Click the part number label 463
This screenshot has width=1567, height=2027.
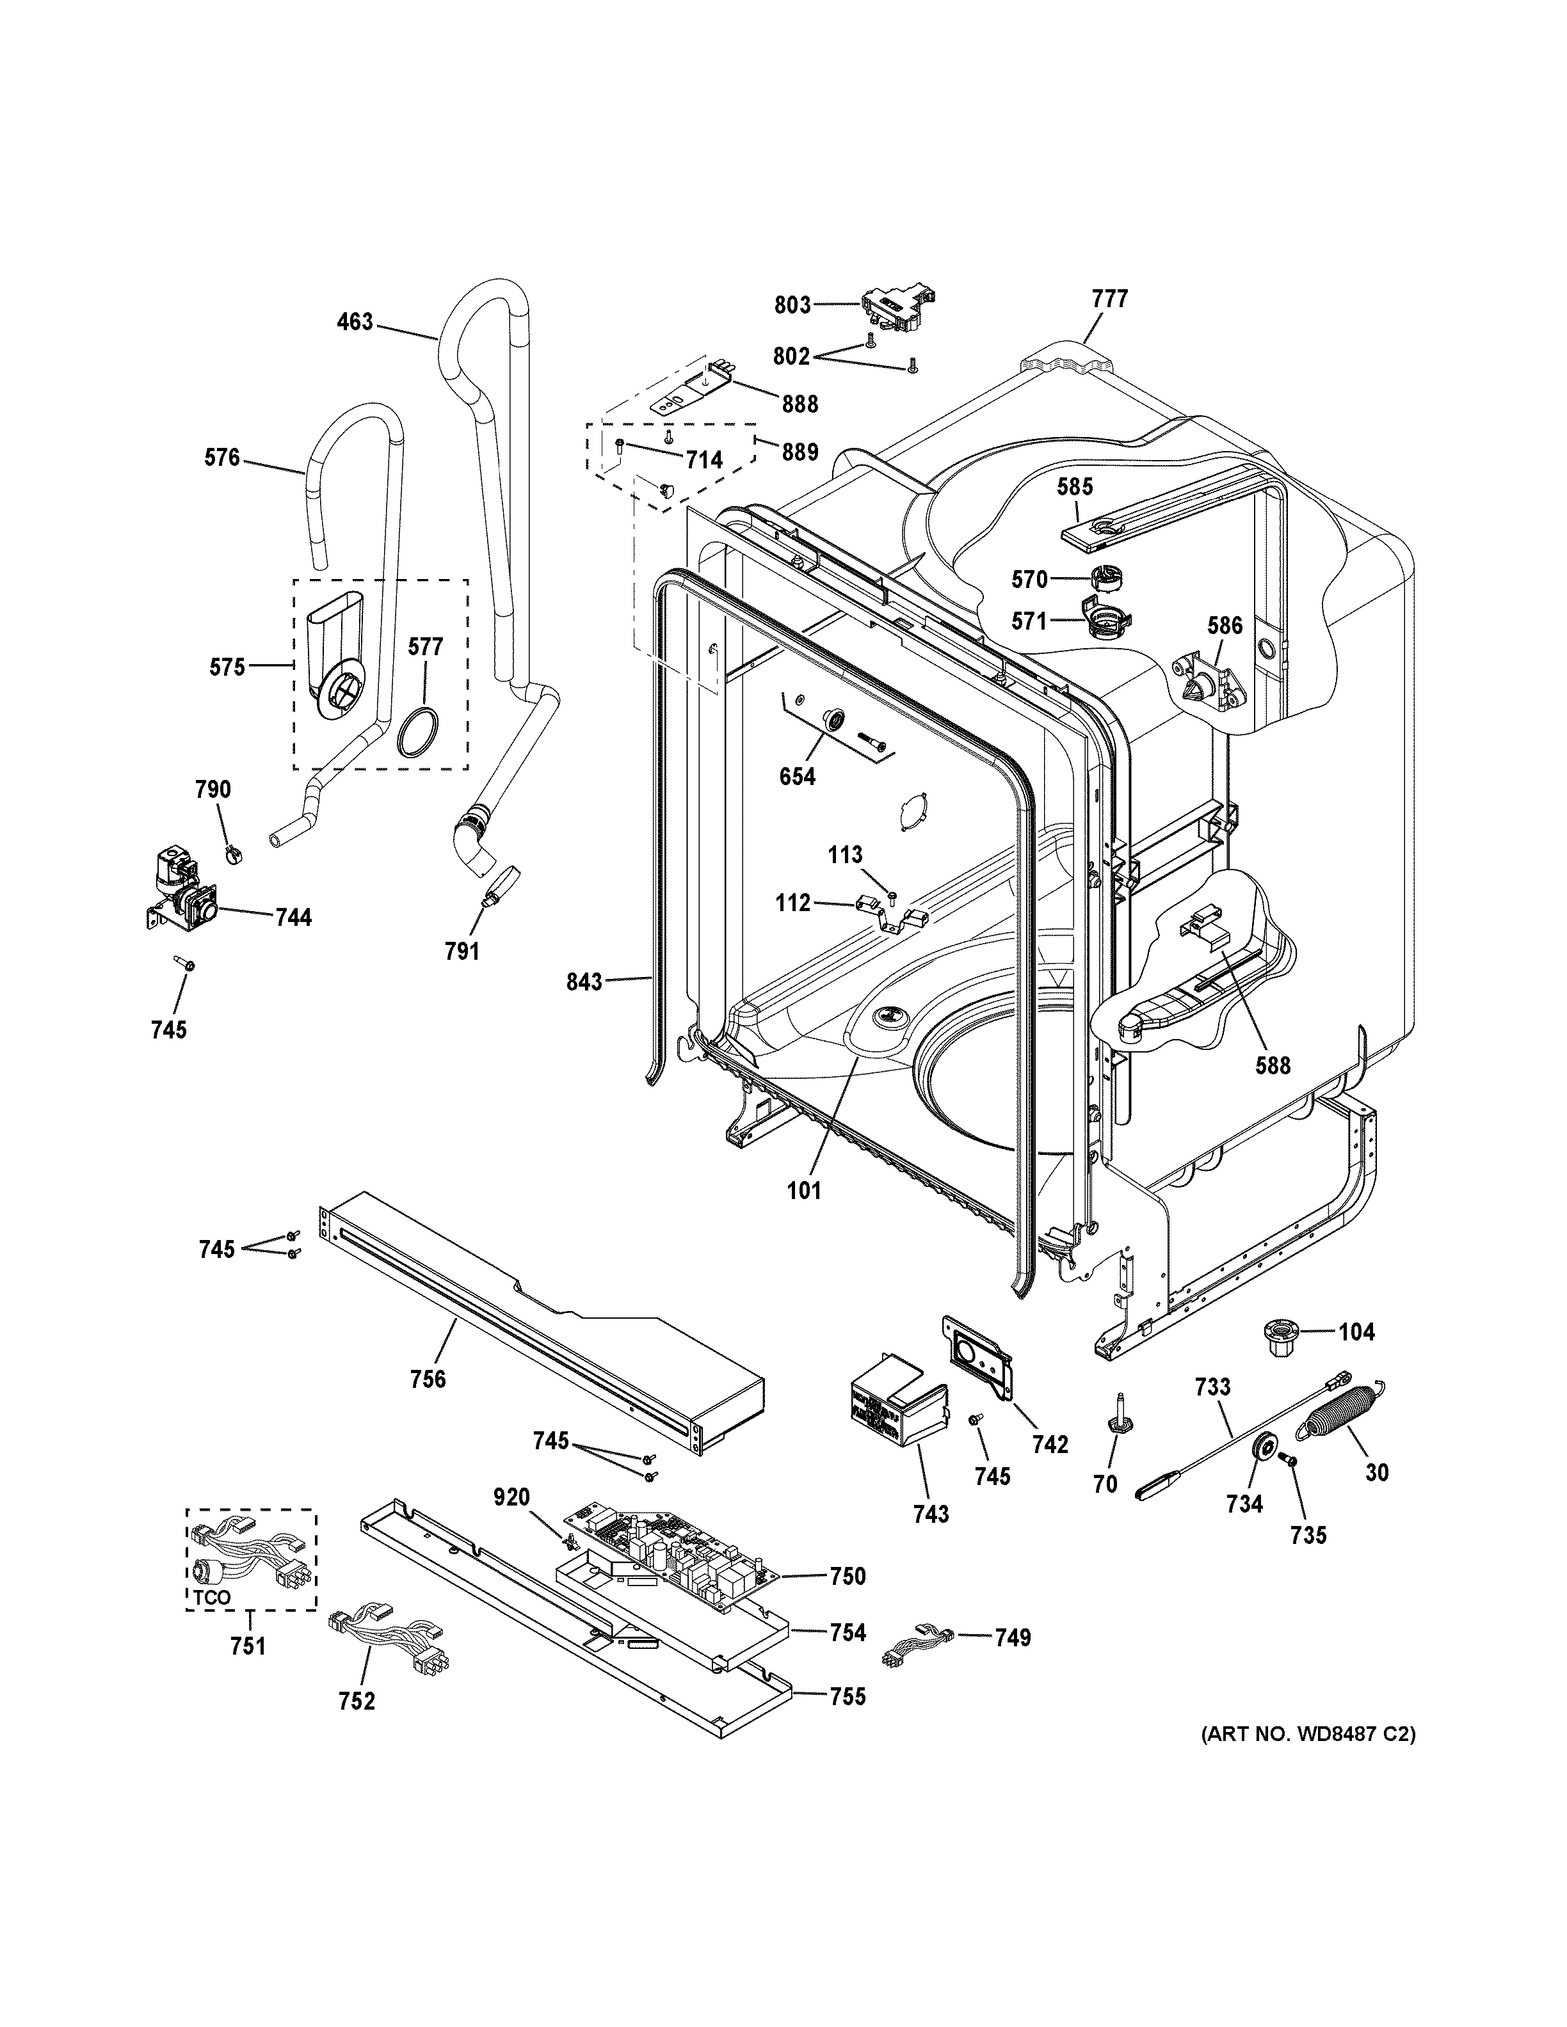tap(355, 322)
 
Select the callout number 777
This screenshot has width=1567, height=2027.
tap(1109, 299)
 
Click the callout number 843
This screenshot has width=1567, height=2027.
tap(585, 981)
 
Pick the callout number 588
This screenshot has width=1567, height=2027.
tap(1272, 1065)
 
